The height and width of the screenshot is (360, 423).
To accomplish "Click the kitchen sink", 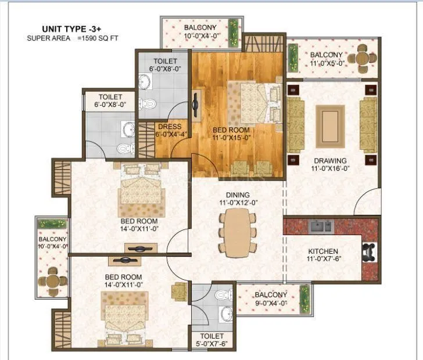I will coord(321,226).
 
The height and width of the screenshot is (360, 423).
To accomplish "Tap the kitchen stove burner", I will coord(369,251).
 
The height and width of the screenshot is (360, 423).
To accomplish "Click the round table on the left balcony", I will coord(53,278).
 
